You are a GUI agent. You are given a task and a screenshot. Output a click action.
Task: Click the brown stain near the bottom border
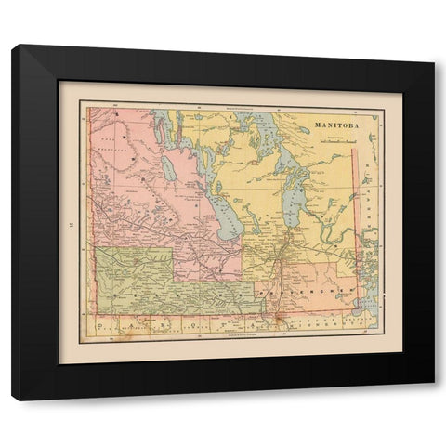269,325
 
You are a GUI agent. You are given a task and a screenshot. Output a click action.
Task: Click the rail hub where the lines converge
288,252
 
